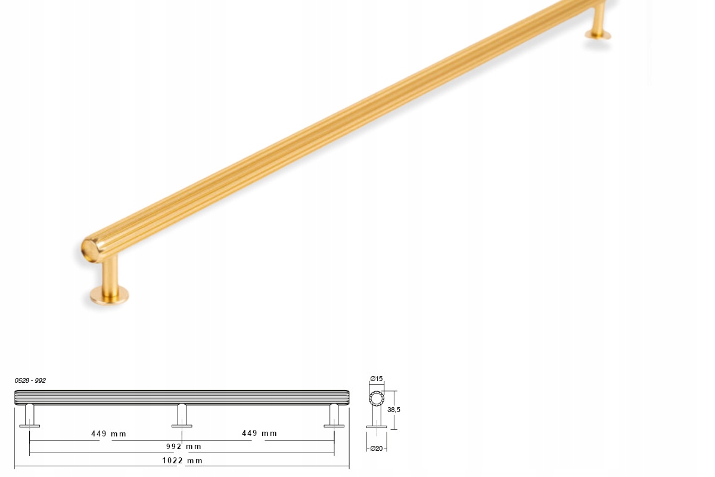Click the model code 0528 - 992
[x=30, y=380]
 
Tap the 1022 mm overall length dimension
[x=182, y=460]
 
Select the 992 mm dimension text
[x=184, y=447]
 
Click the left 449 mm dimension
[x=108, y=433]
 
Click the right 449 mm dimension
[x=259, y=433]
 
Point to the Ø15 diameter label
[x=377, y=379]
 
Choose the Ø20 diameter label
[x=377, y=448]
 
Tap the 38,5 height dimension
[x=394, y=410]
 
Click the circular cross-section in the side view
[x=377, y=399]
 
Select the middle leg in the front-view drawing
[x=182, y=416]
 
